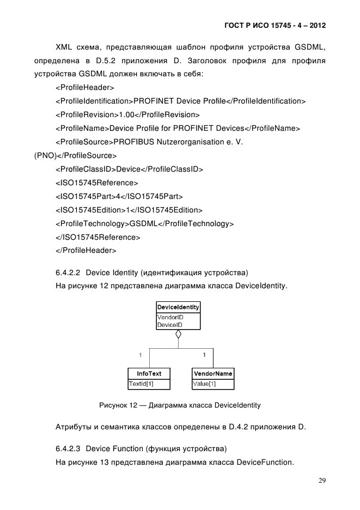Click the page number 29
pyautogui.click(x=322, y=481)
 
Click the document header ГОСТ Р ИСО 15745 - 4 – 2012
pyautogui.click(x=274, y=26)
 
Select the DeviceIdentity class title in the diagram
pyautogui.click(x=178, y=307)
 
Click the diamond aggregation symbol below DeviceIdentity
pyautogui.click(x=178, y=335)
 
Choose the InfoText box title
pyautogui.click(x=149, y=374)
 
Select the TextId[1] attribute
pyautogui.click(x=141, y=384)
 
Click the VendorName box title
pyautogui.click(x=213, y=374)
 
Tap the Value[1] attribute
pyautogui.click(x=205, y=384)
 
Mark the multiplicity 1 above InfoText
pyautogui.click(x=140, y=355)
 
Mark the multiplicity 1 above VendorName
pyautogui.click(x=204, y=355)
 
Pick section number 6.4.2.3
pyautogui.click(x=69, y=450)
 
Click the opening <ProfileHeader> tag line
pyautogui.click(x=84, y=87)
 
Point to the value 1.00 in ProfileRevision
pyautogui.click(x=126, y=115)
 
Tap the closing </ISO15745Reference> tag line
pyautogui.click(x=98, y=238)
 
